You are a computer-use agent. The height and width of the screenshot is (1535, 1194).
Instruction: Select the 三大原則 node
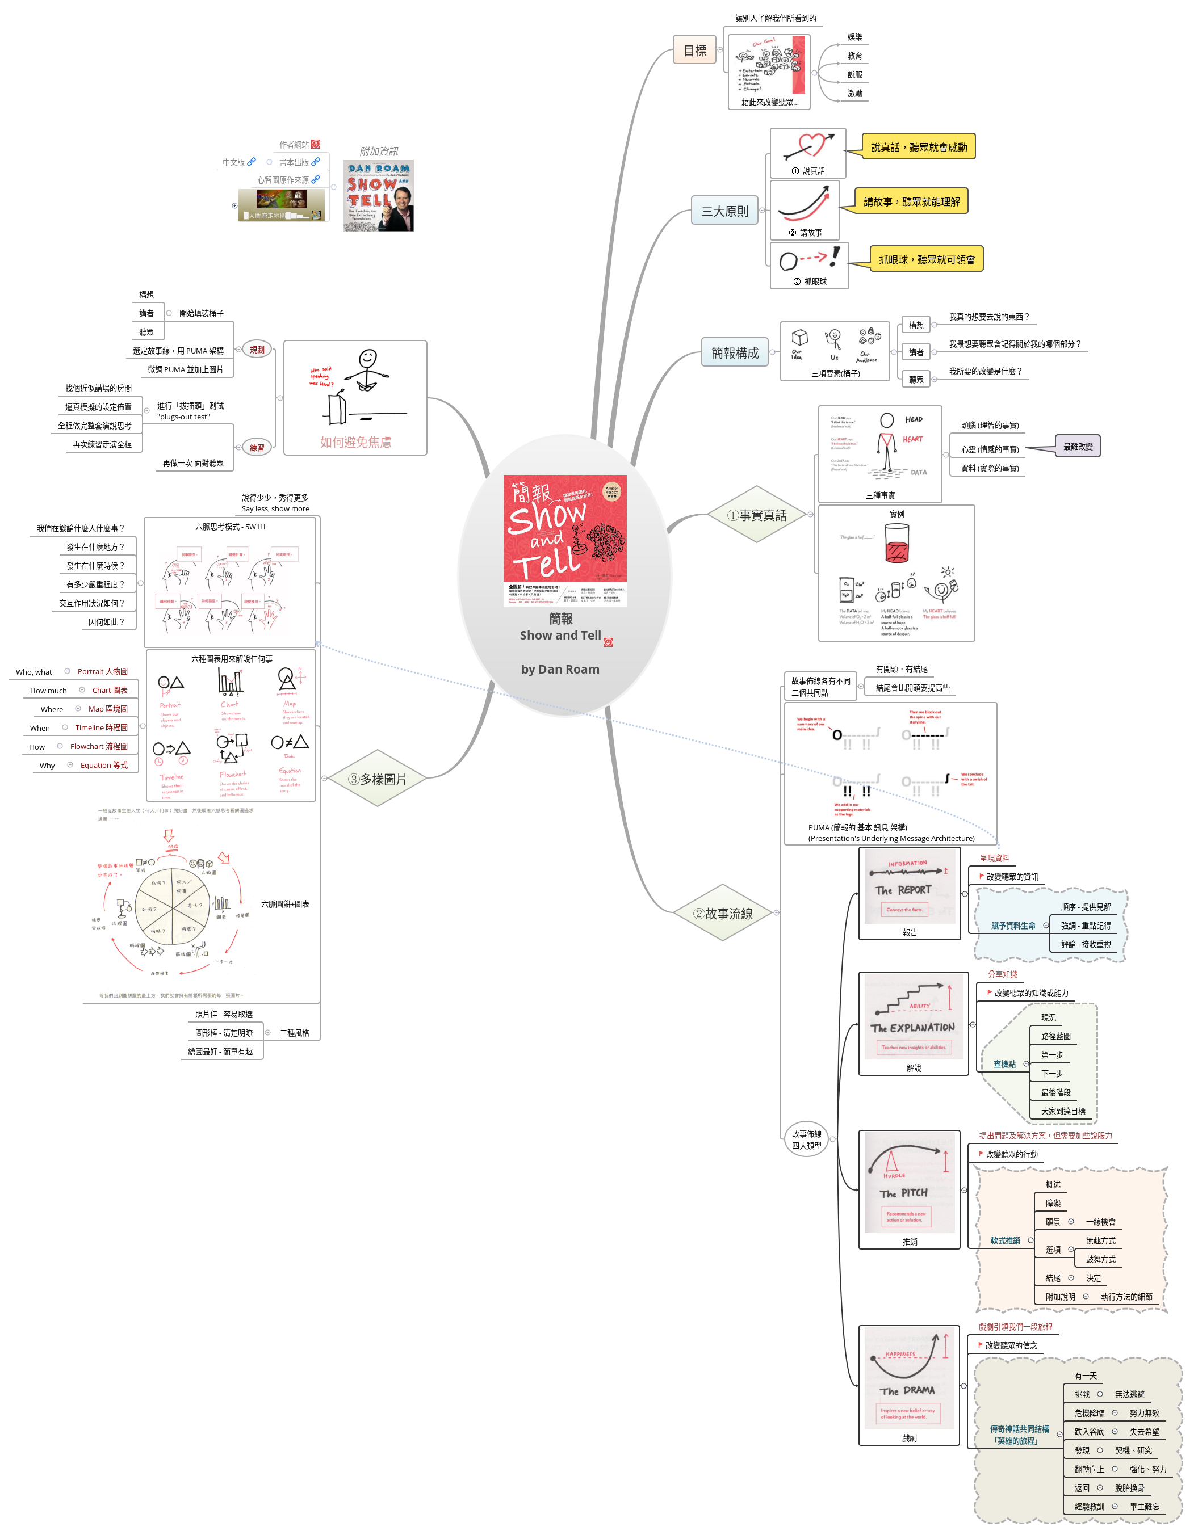724,210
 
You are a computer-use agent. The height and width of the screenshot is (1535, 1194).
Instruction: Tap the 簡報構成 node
734,352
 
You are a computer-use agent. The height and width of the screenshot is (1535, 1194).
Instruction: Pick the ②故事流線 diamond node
723,913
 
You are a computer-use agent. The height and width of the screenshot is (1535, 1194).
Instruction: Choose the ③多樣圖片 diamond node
378,778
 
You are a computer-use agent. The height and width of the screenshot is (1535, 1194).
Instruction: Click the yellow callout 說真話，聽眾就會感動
919,147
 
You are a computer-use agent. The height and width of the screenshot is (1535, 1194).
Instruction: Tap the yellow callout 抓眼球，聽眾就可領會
926,259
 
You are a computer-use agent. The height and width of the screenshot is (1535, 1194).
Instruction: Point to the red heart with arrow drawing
808,147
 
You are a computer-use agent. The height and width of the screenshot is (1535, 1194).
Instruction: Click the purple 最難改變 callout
1077,446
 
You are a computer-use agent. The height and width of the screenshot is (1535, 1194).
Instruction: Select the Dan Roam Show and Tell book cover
378,195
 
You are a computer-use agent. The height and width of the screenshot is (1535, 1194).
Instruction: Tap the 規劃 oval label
257,350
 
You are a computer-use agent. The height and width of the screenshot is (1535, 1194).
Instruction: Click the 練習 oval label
257,447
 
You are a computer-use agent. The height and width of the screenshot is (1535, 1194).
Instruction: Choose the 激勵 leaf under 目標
854,92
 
